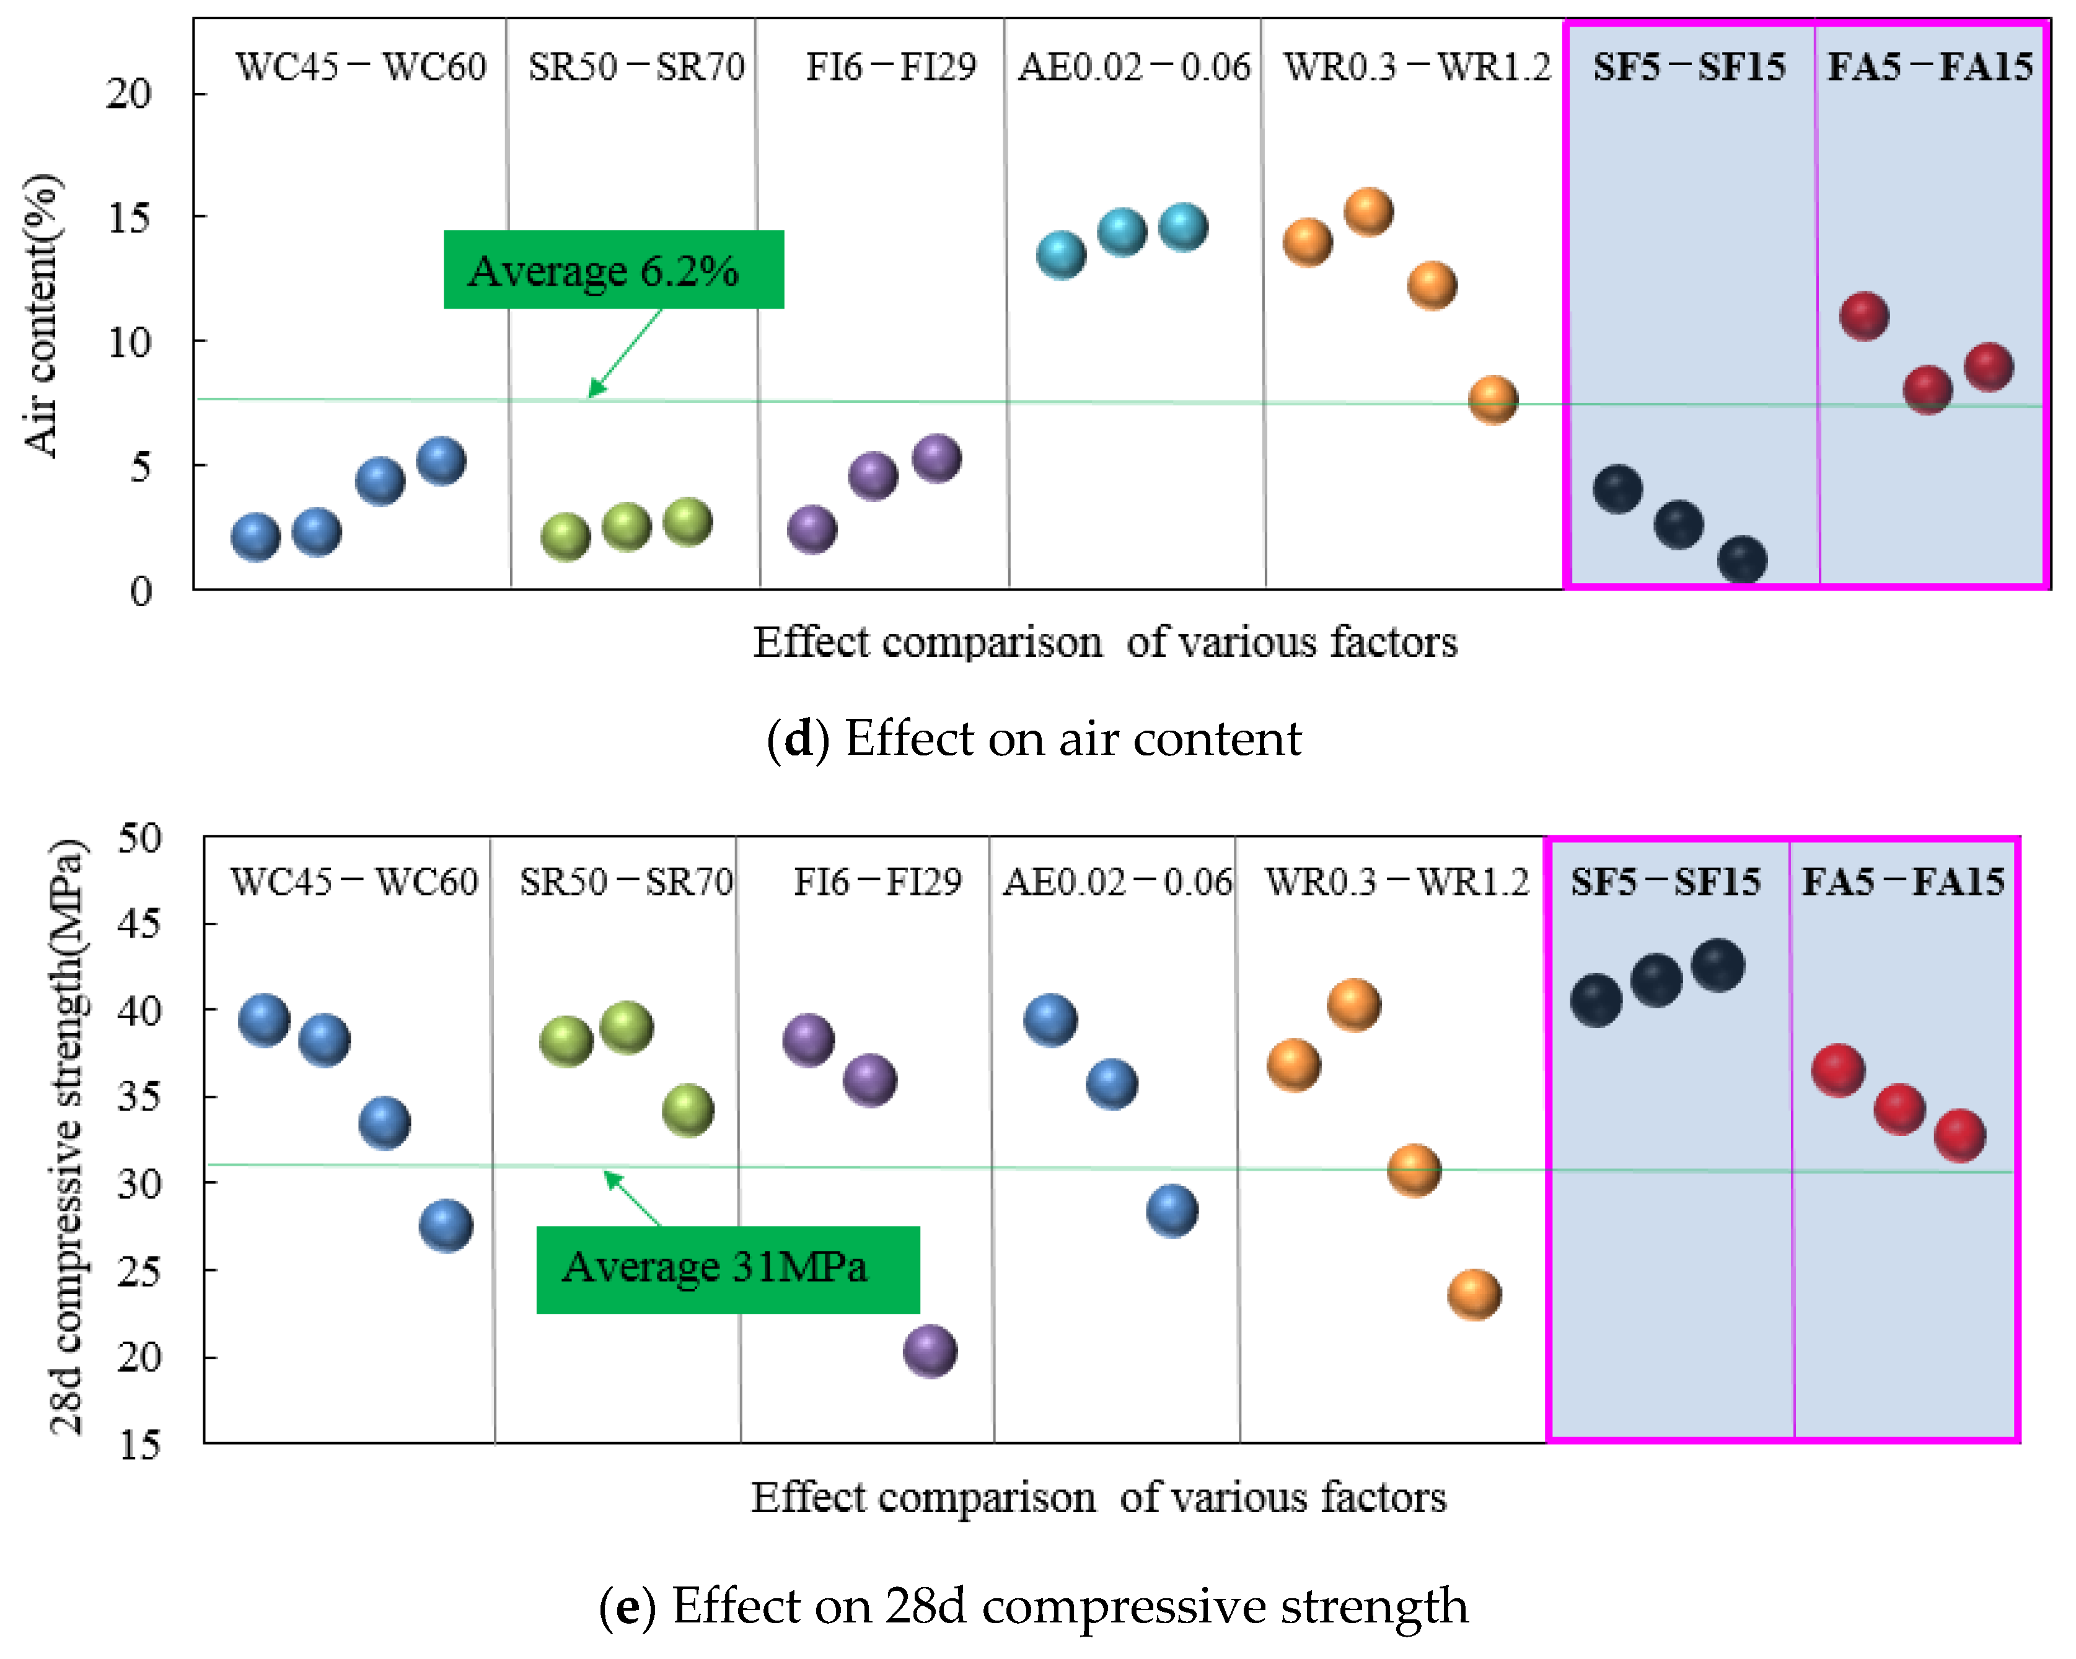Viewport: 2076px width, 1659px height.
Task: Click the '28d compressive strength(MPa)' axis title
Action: [x=68, y=1136]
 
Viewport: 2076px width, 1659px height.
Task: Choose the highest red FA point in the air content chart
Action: [x=1863, y=316]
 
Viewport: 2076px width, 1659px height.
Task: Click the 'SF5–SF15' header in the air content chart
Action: [x=1689, y=66]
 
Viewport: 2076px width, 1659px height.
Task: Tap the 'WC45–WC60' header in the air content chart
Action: [x=361, y=66]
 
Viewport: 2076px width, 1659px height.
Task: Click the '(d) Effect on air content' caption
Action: [x=1033, y=739]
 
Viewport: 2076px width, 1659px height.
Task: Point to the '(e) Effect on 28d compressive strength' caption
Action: [x=1033, y=1605]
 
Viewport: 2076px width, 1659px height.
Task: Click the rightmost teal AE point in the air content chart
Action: [x=1182, y=227]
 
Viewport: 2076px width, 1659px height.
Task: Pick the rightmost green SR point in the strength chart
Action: [x=687, y=1109]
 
